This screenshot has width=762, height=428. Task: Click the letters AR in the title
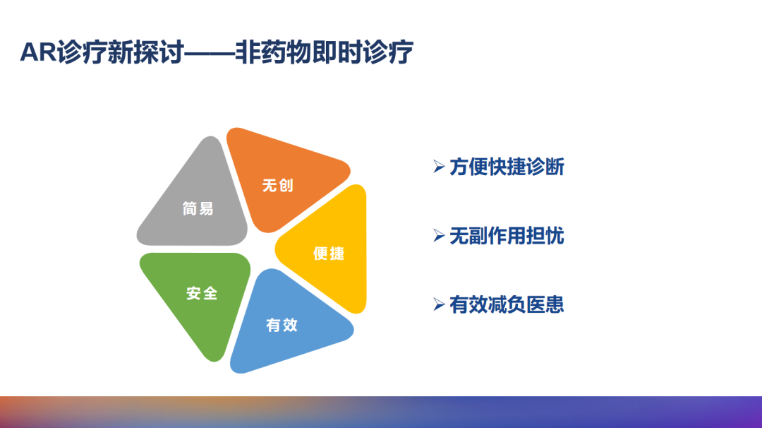(38, 53)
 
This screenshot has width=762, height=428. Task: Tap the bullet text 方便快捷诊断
(507, 167)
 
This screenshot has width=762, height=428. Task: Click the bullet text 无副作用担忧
(507, 236)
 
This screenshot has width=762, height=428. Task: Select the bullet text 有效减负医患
(507, 304)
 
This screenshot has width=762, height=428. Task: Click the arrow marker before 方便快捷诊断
(439, 167)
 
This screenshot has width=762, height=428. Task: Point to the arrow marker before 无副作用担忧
(439, 236)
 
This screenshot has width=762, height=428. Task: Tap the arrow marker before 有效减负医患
(439, 304)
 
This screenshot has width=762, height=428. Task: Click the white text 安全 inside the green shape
(202, 292)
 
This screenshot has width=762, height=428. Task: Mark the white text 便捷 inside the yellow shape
(329, 253)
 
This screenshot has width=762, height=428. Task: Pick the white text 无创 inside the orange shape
(277, 185)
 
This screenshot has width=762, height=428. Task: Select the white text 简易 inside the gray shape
(198, 208)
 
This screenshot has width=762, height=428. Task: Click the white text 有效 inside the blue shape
(282, 325)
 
